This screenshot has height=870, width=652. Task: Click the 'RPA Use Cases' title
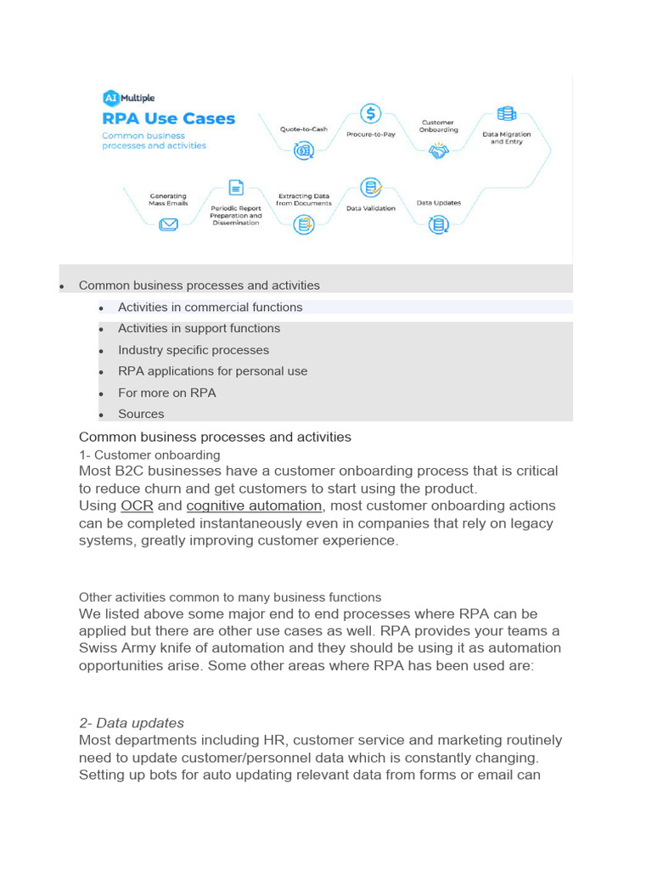click(168, 119)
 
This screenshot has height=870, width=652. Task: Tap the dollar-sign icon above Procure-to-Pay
click(371, 113)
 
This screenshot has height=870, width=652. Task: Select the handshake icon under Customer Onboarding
click(438, 151)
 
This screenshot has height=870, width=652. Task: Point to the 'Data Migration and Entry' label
click(507, 138)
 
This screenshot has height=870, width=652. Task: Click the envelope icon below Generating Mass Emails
click(168, 224)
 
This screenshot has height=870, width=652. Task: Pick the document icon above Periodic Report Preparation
click(236, 188)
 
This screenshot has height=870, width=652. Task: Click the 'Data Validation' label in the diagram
click(371, 208)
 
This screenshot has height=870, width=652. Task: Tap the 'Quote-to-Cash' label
click(304, 129)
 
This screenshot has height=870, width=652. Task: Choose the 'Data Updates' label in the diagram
click(438, 203)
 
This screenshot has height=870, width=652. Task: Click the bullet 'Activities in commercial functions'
click(210, 308)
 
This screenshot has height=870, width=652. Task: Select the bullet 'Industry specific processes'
click(194, 350)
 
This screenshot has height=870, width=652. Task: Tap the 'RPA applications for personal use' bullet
click(212, 371)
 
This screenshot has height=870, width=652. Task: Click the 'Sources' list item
click(141, 414)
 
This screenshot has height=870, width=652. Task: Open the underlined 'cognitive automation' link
click(254, 506)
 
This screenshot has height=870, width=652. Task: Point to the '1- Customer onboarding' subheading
click(149, 455)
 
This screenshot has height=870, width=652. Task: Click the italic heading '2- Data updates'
click(132, 723)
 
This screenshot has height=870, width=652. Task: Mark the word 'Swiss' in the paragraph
click(98, 648)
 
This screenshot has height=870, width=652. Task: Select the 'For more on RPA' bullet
click(166, 393)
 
